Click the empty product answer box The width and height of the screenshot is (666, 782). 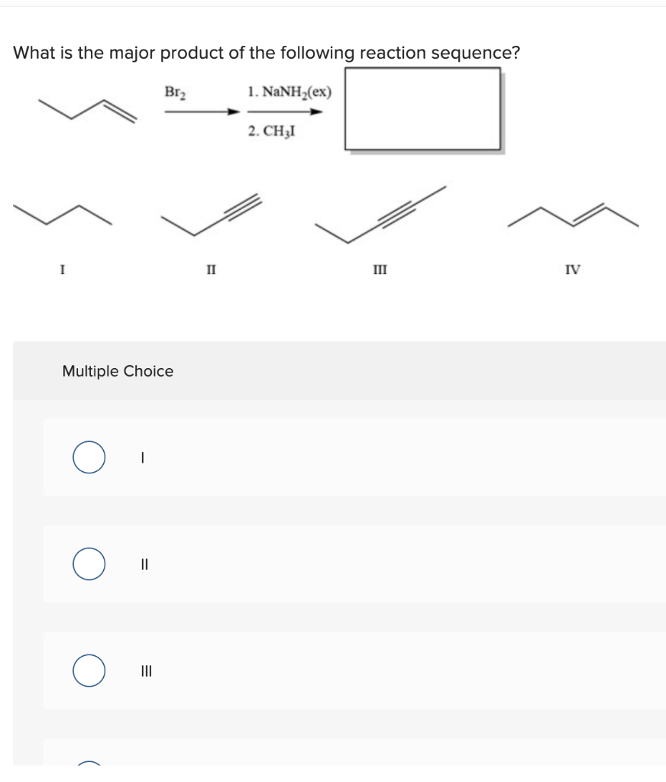(422, 109)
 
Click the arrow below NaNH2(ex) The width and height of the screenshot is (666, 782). (283, 111)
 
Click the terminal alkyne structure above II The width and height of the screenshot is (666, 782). (211, 214)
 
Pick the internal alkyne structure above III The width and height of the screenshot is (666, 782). (382, 214)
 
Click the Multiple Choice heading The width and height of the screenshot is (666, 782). (118, 371)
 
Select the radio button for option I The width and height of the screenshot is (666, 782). (89, 457)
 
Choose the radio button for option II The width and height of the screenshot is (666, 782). (89, 564)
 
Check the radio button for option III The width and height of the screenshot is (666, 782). (89, 671)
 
